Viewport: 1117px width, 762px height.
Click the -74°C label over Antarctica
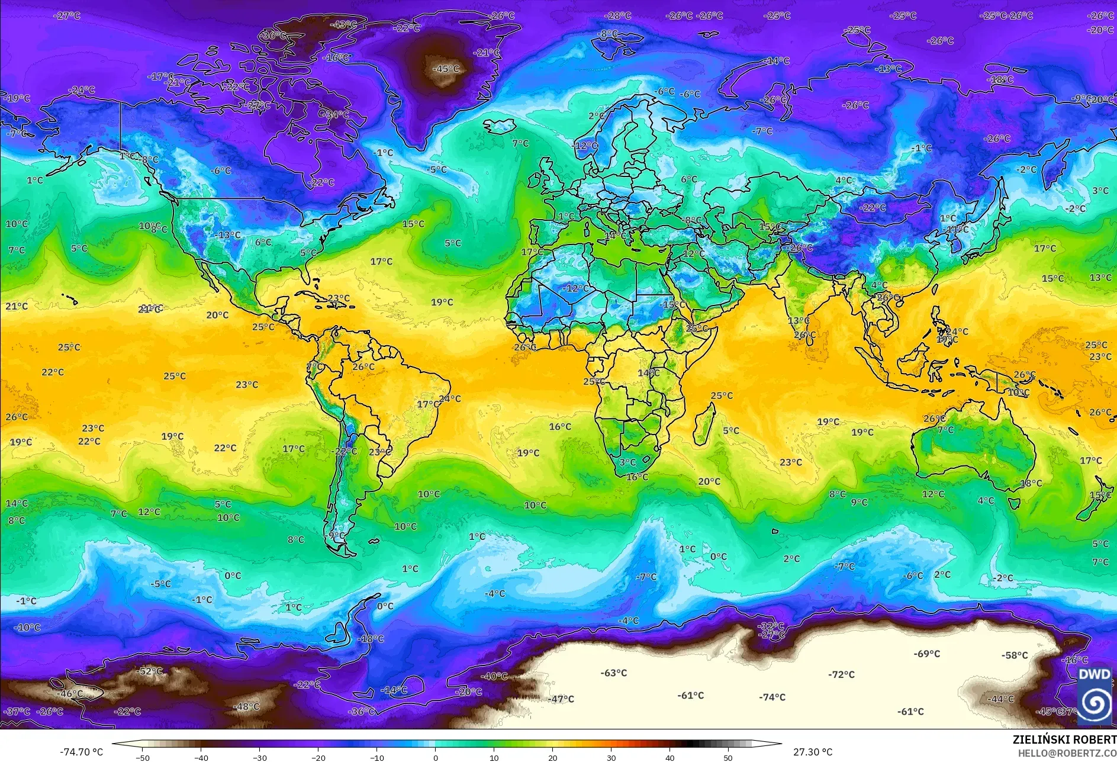772,697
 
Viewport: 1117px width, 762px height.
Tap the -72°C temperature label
841,674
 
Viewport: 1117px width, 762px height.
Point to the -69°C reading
927,654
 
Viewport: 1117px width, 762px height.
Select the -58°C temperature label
1015,655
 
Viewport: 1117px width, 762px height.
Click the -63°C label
614,673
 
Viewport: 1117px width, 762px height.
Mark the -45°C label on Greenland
446,69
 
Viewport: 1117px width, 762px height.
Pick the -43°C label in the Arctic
343,25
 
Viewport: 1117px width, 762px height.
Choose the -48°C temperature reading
246,706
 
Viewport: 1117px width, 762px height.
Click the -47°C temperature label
561,699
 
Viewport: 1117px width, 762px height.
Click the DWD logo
1095,696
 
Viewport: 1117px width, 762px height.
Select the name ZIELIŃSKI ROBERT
1064,740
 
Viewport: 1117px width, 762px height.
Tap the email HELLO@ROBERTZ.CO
1067,753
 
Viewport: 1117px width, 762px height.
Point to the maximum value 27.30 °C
813,752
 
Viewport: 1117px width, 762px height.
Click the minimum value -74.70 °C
82,752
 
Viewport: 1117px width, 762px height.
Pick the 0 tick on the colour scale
436,757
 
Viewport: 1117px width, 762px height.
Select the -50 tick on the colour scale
142,757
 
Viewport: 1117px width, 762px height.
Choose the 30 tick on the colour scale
611,757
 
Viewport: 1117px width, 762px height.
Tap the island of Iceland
500,126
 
